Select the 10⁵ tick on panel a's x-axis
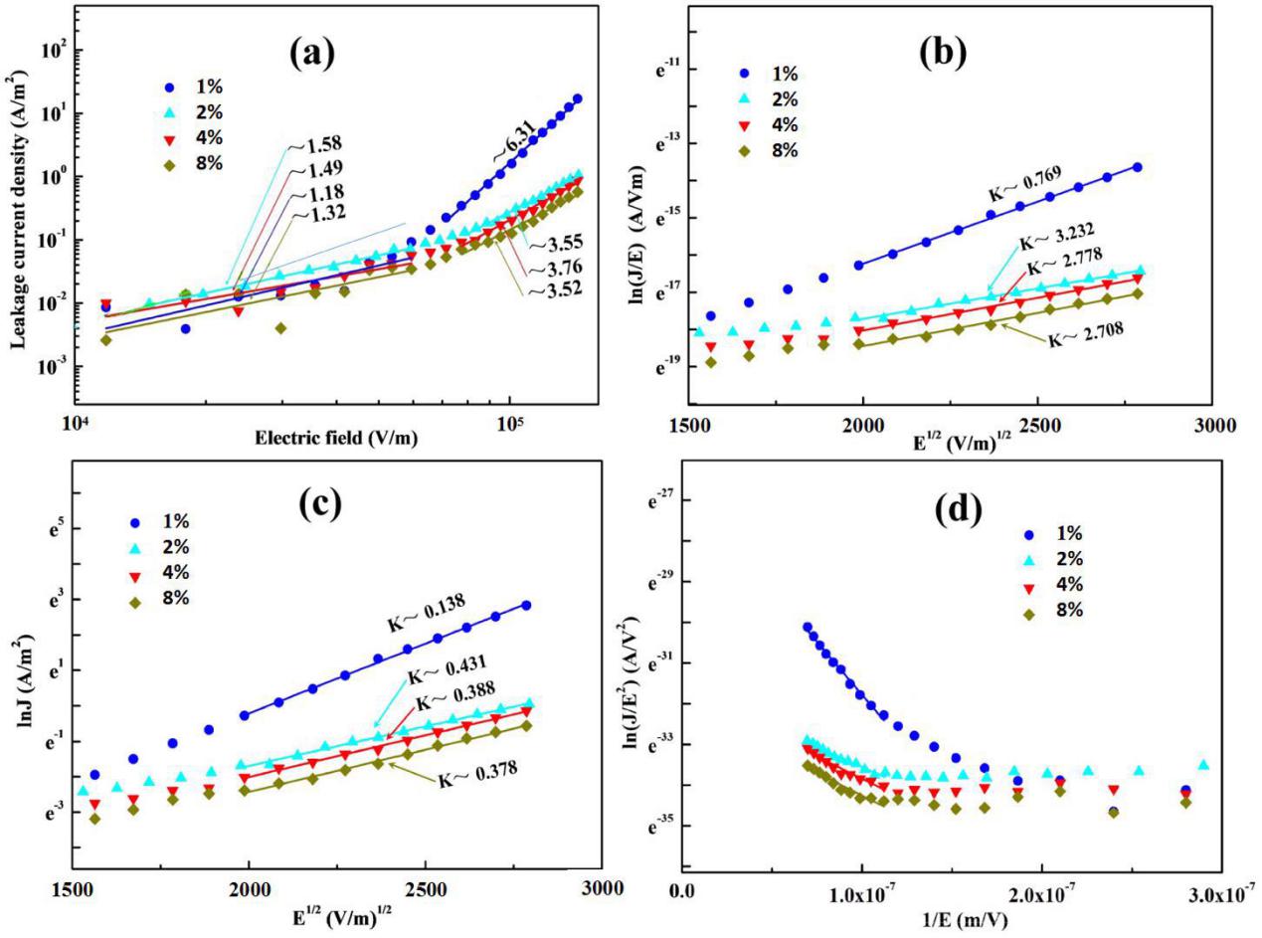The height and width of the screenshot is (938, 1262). pyautogui.click(x=508, y=412)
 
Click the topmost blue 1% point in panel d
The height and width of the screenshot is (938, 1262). pyautogui.click(x=807, y=628)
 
